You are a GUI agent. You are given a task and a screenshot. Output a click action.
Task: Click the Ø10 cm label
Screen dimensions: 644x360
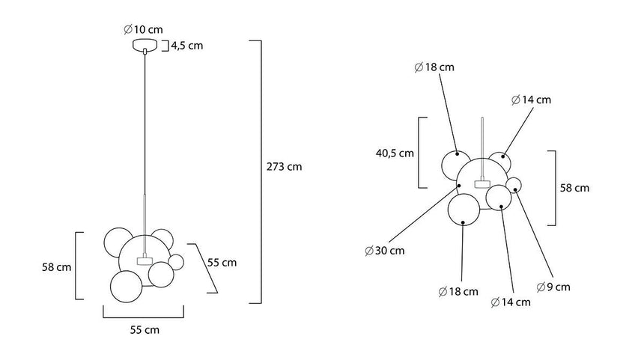click(143, 29)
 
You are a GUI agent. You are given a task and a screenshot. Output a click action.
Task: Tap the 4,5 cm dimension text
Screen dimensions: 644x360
click(187, 46)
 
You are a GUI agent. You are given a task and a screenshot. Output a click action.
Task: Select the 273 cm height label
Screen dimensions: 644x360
click(285, 167)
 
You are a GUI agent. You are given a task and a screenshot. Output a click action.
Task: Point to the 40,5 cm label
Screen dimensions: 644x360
click(395, 153)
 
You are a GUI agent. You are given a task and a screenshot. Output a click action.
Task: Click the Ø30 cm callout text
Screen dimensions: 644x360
click(385, 251)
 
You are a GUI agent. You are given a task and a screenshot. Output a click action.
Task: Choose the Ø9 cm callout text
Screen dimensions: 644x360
click(553, 287)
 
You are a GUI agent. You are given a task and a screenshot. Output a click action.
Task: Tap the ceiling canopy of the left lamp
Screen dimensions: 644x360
click(145, 45)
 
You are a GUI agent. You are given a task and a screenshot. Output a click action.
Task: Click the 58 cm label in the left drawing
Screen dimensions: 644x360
click(57, 267)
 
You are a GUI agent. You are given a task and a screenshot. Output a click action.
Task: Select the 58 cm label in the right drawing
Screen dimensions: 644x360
click(574, 188)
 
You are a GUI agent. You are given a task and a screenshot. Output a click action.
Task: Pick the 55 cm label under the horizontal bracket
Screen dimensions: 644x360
click(145, 330)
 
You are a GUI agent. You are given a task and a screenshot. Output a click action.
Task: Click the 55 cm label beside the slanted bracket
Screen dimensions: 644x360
click(222, 263)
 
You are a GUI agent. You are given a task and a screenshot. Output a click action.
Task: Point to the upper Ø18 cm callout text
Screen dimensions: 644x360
click(434, 67)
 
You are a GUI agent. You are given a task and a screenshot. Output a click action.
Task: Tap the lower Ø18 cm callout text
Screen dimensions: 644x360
click(458, 292)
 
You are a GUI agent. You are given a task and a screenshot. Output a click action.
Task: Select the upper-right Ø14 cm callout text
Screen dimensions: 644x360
click(531, 100)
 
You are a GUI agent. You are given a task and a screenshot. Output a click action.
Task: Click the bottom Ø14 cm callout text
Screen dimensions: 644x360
click(511, 302)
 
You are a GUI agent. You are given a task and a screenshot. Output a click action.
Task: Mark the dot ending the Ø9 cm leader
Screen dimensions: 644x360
click(515, 189)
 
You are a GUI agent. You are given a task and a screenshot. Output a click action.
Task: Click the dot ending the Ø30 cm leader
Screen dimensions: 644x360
click(459, 186)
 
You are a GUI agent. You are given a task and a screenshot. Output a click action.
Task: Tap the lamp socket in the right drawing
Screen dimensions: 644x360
click(482, 183)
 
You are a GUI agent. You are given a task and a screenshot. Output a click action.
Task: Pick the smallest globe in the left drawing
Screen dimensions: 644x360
click(177, 262)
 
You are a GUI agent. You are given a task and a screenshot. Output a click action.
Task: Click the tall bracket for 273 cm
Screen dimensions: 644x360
click(261, 172)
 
